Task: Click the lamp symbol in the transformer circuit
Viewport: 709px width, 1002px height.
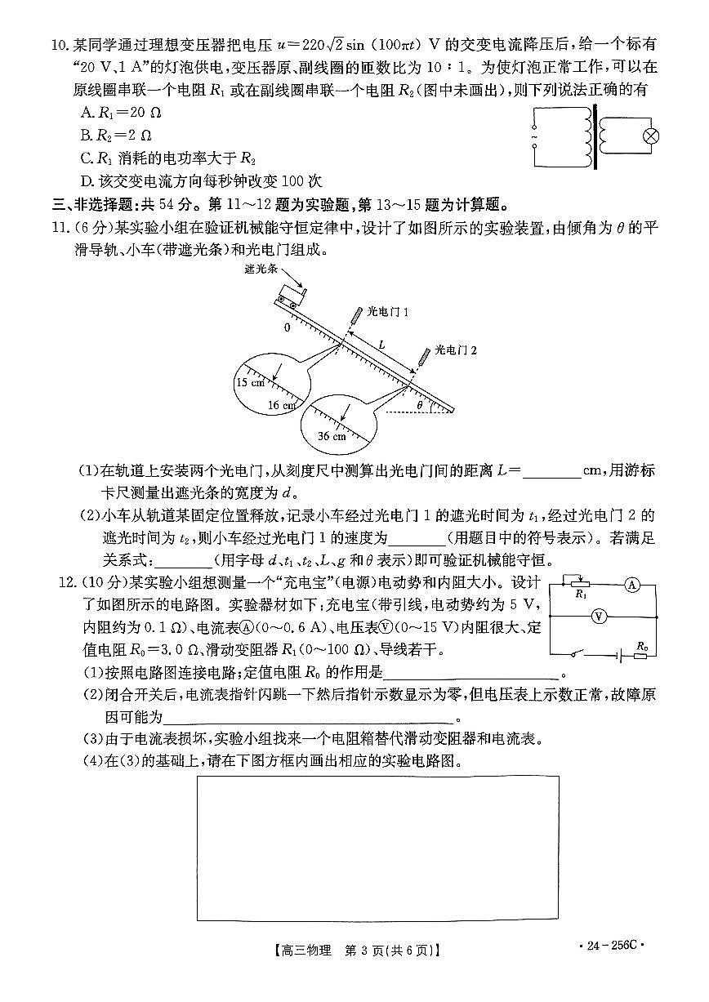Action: click(x=651, y=136)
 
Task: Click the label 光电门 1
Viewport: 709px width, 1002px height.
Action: click(x=387, y=311)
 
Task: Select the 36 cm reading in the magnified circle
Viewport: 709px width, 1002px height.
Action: click(x=332, y=436)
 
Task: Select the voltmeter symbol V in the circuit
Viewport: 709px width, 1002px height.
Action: click(x=598, y=617)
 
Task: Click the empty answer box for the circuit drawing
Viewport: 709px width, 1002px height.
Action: click(x=377, y=848)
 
